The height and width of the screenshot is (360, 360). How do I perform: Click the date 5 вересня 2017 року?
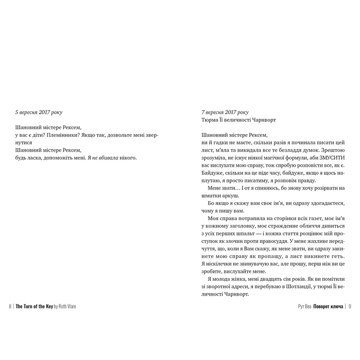click(40, 112)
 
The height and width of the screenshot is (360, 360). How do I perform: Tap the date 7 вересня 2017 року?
click(225, 112)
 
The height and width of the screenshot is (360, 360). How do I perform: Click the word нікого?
click(128, 157)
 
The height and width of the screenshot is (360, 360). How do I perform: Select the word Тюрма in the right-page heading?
click(211, 120)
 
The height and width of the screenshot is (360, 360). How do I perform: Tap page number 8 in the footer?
click(11, 306)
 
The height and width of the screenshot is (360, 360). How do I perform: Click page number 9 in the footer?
click(349, 306)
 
